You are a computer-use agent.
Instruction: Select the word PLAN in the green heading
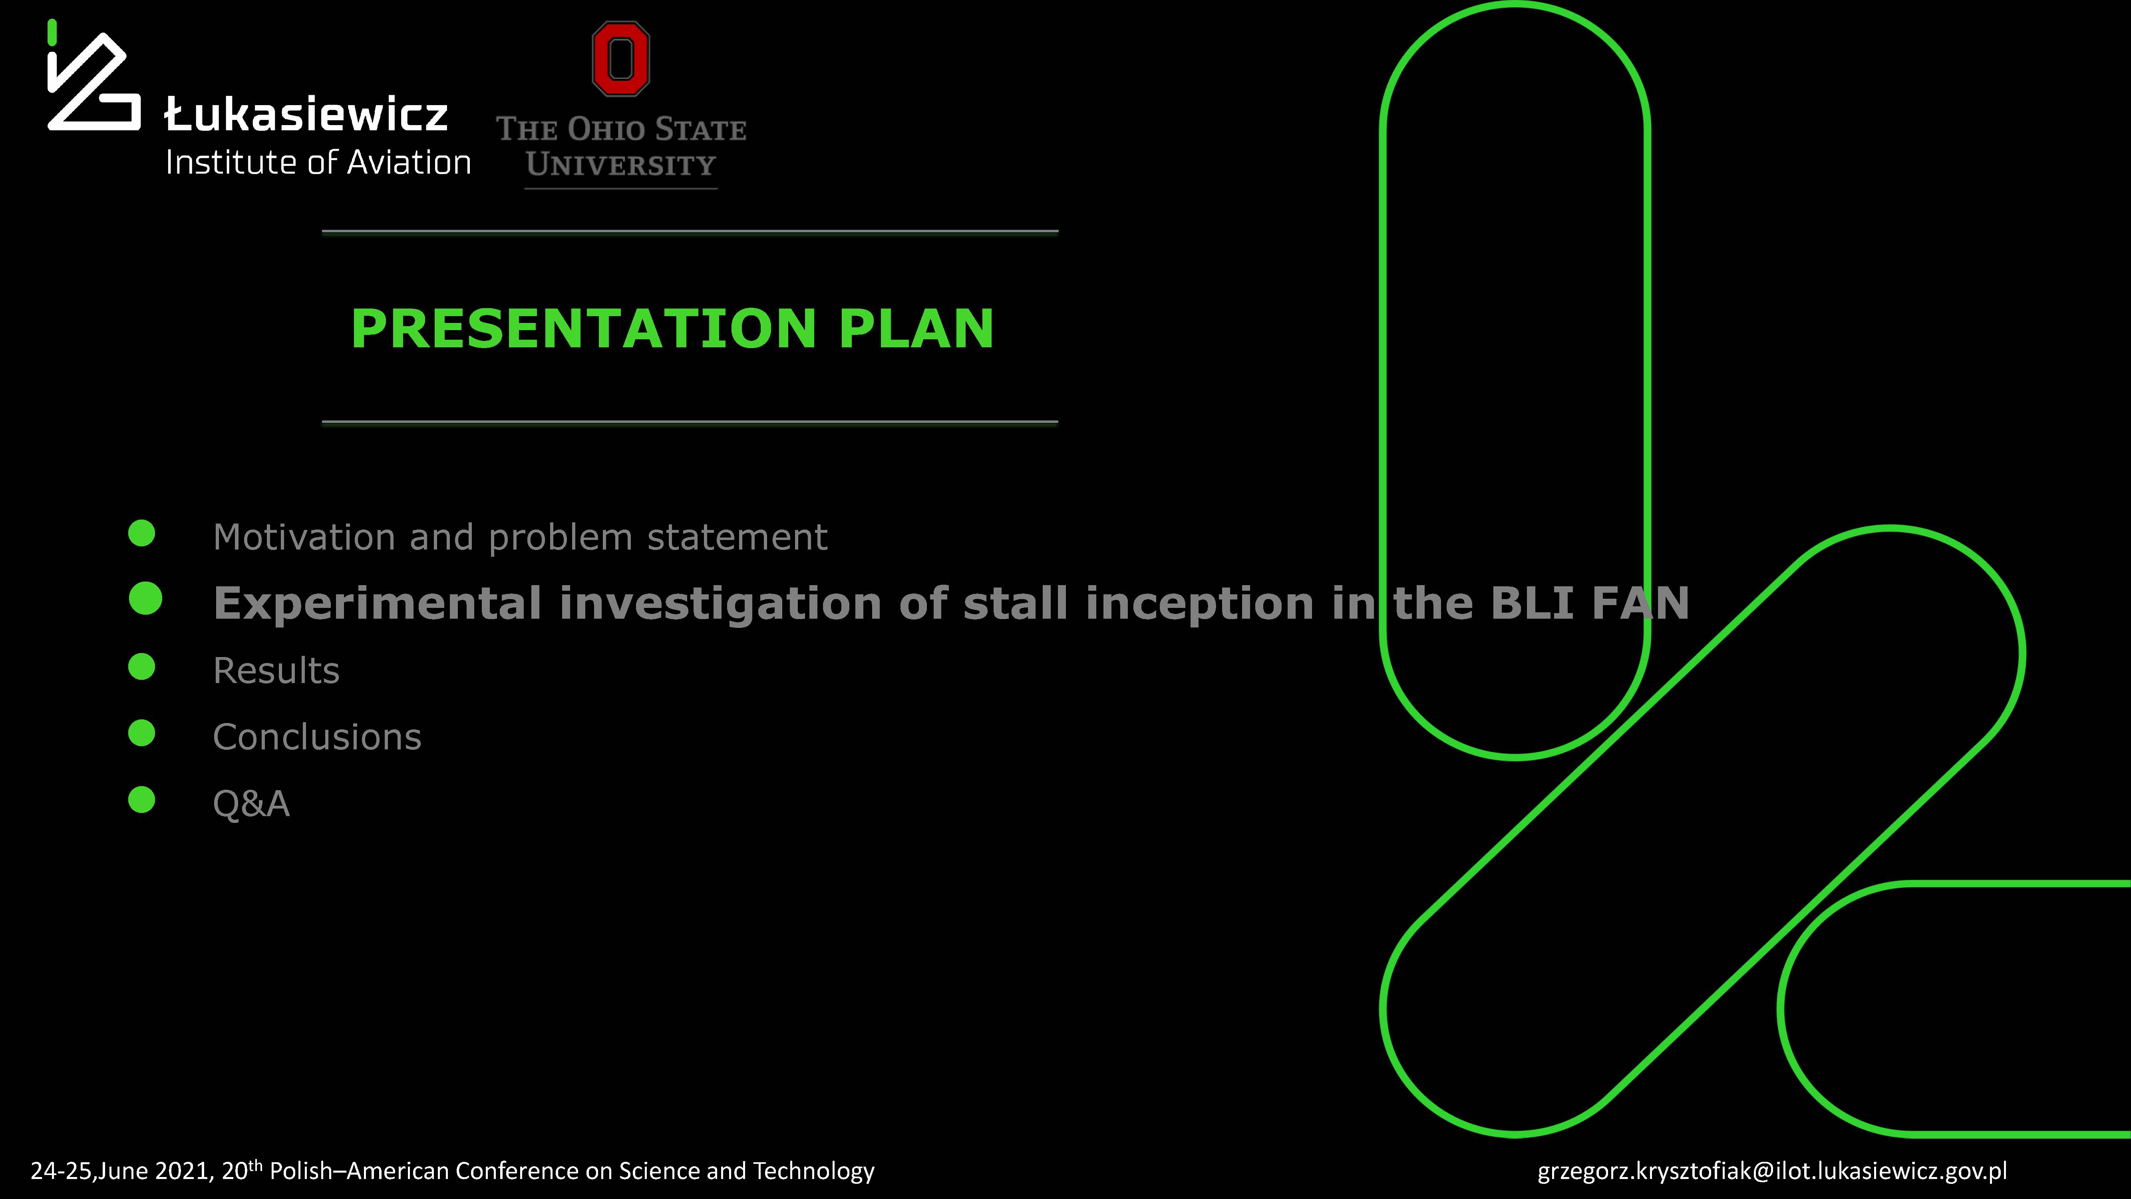(x=916, y=329)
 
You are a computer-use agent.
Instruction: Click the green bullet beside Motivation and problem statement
(x=141, y=533)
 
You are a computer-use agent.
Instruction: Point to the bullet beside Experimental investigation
(x=145, y=598)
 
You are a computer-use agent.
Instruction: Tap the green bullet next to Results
(x=141, y=667)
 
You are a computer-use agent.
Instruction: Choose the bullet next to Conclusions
(x=141, y=733)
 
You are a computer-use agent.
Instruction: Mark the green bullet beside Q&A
(x=141, y=799)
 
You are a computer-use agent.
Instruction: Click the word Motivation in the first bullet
(x=304, y=538)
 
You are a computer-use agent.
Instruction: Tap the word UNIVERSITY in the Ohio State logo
(x=620, y=165)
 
